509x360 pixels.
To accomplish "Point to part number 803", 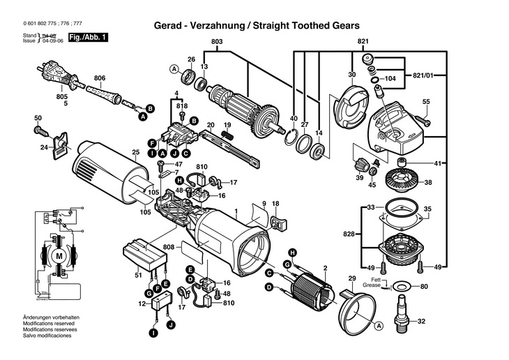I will [x=217, y=43].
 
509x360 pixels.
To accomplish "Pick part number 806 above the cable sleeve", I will [x=99, y=77].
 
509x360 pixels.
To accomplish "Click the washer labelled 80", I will [x=402, y=287].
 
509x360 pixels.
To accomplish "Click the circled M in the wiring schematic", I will [x=59, y=255].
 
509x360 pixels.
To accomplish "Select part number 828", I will [x=349, y=234].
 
